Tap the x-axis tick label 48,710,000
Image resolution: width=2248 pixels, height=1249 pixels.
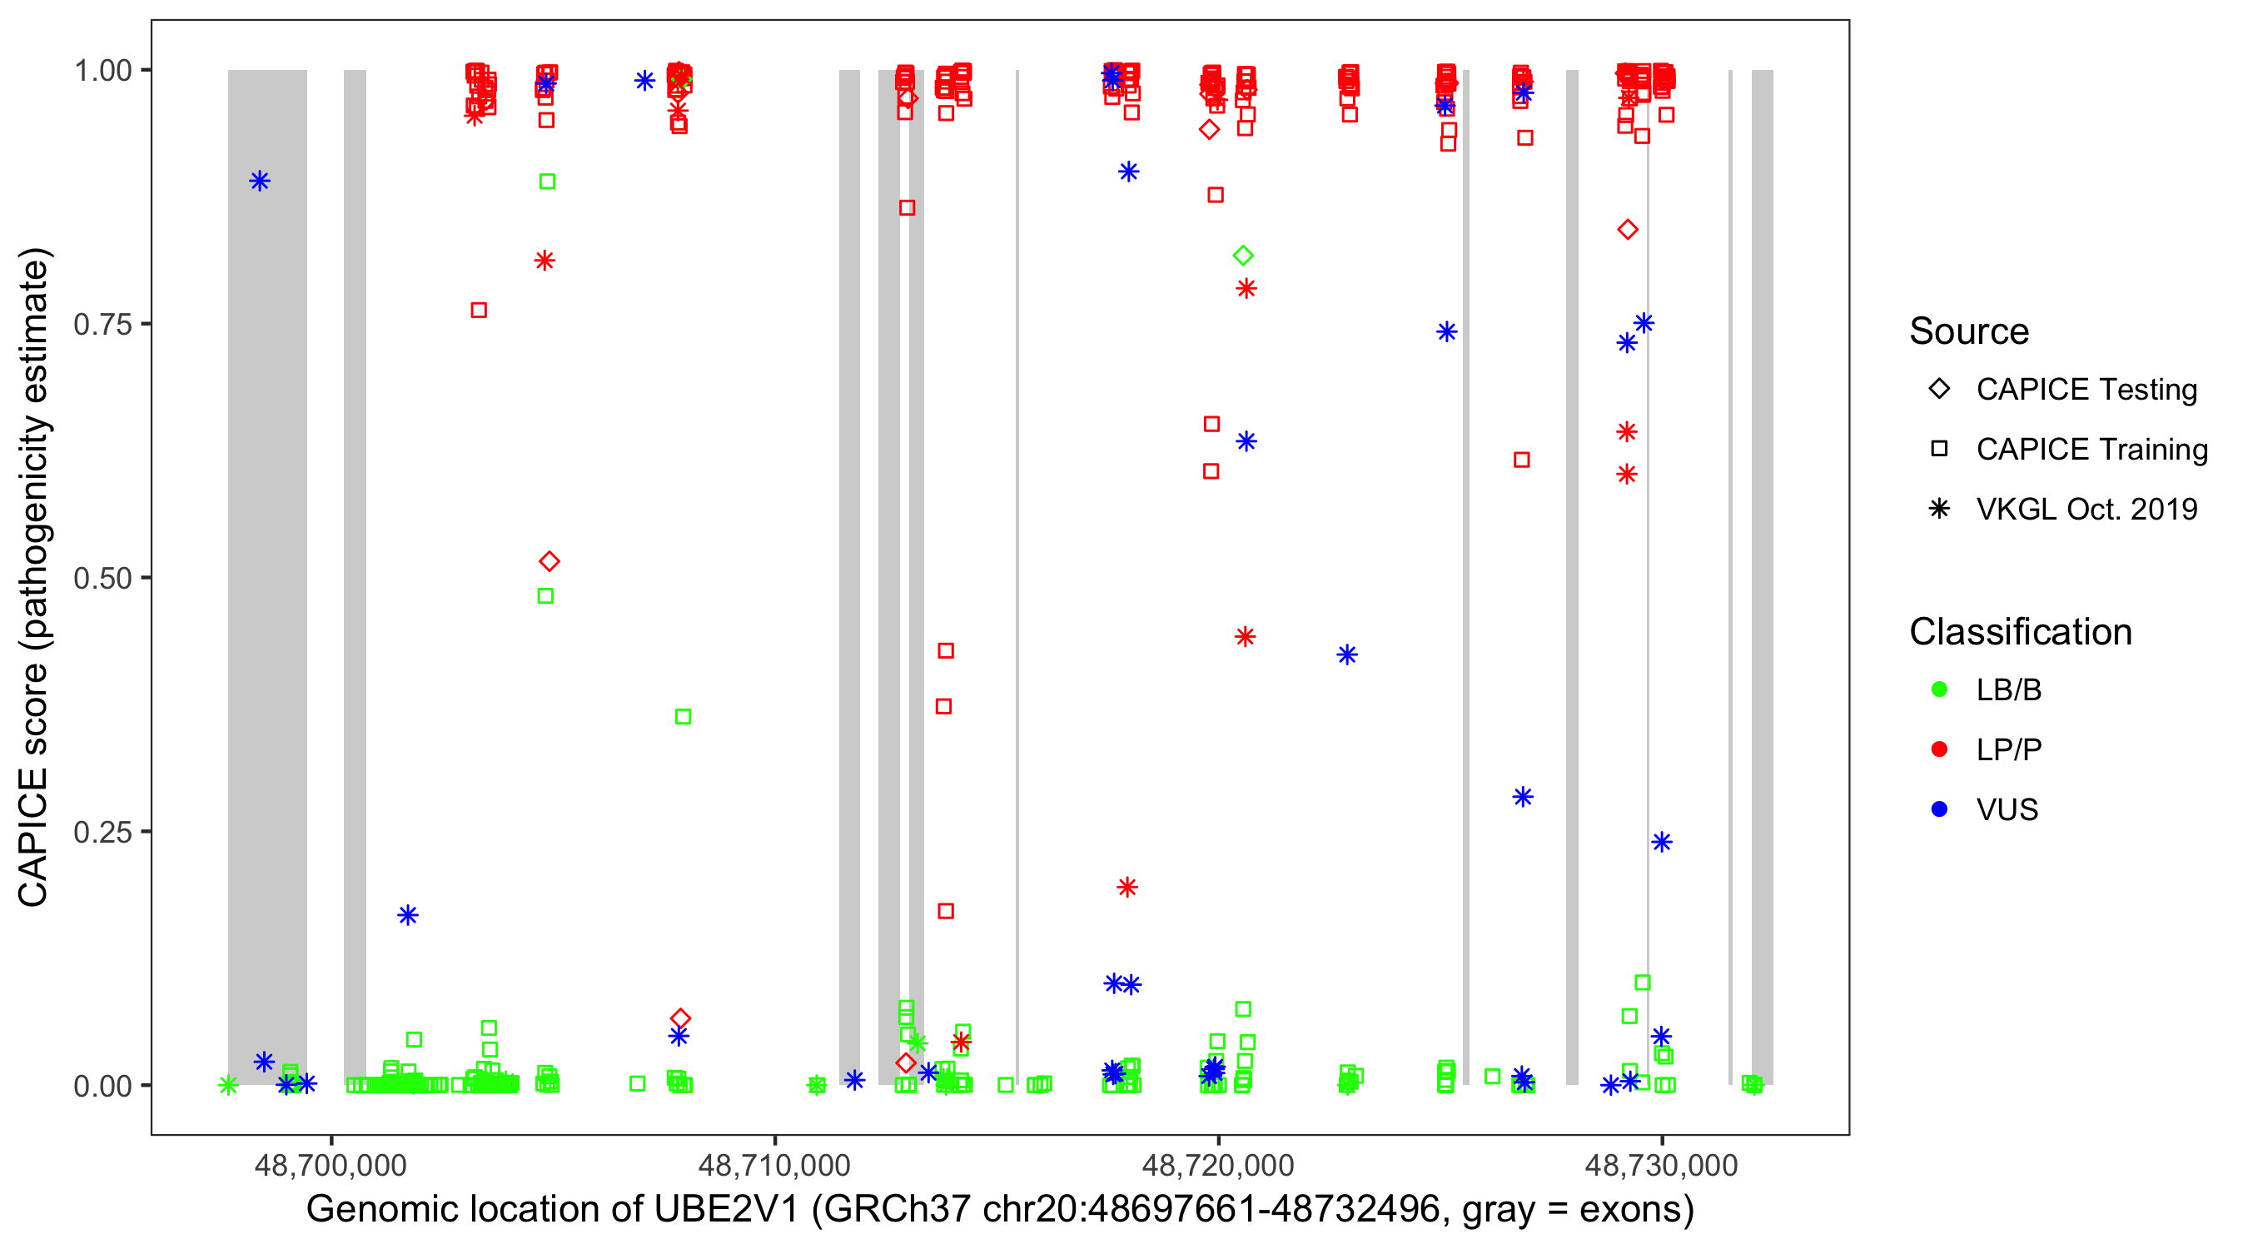pyautogui.click(x=774, y=1165)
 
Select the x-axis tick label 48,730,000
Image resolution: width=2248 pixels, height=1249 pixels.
pyautogui.click(x=1662, y=1165)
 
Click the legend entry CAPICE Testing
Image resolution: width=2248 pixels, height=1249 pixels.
pyautogui.click(x=2086, y=390)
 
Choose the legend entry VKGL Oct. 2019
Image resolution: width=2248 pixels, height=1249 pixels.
pyautogui.click(x=2086, y=509)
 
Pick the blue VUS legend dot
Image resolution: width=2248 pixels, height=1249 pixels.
pyautogui.click(x=1940, y=809)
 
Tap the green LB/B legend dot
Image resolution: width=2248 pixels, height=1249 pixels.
pyautogui.click(x=1940, y=689)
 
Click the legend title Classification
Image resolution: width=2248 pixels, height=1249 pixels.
pyautogui.click(x=2020, y=632)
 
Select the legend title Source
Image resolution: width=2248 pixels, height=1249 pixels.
pyautogui.click(x=1969, y=331)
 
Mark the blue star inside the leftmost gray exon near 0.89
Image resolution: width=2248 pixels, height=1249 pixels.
pyautogui.click(x=259, y=182)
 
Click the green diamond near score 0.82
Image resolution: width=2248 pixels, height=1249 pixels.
pyautogui.click(x=1244, y=256)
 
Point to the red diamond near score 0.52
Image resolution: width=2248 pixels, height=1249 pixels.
pyautogui.click(x=549, y=561)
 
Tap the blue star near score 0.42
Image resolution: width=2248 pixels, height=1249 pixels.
pyautogui.click(x=1347, y=654)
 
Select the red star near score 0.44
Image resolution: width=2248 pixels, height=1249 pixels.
pyautogui.click(x=1246, y=637)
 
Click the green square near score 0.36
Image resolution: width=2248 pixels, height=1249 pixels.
pyautogui.click(x=684, y=717)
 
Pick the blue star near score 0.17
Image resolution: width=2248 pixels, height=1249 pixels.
pyautogui.click(x=407, y=916)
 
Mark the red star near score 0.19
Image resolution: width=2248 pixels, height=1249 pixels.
pyautogui.click(x=1127, y=888)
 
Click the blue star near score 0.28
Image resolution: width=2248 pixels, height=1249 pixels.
pyautogui.click(x=1523, y=797)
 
